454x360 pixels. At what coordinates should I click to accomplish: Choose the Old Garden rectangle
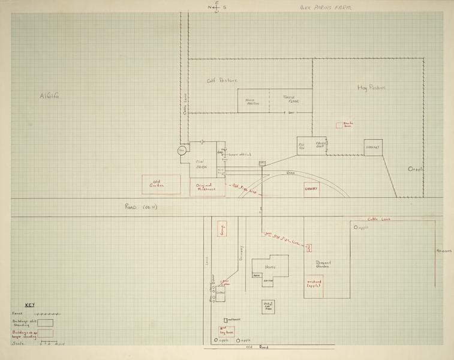[161, 184]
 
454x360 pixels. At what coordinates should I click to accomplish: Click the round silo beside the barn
[182, 152]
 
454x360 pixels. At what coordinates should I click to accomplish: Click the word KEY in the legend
[29, 305]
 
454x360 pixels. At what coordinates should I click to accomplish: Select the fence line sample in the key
[46, 314]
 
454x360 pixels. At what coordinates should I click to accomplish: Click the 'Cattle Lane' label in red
[379, 219]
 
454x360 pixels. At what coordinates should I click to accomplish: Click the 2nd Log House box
[226, 331]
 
